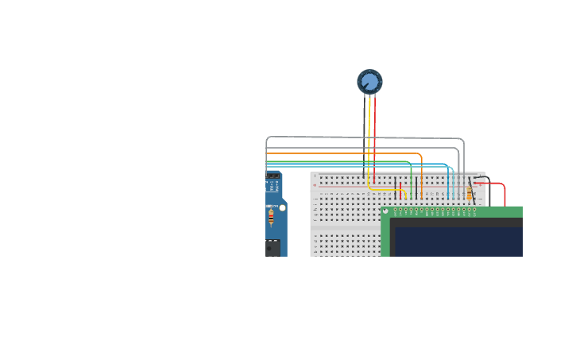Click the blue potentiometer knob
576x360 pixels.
pos(369,81)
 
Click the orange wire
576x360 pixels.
pos(342,153)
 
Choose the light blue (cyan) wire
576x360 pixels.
pos(358,164)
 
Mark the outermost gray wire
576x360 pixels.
pos(358,137)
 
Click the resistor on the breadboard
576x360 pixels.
pos(470,194)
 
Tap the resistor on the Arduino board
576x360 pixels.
pos(272,217)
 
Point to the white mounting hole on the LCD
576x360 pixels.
pos(386,211)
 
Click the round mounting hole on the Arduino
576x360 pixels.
pos(282,207)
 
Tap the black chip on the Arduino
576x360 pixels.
pos(273,248)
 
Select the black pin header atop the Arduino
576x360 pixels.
pos(273,176)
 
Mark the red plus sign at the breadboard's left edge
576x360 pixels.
pos(315,186)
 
